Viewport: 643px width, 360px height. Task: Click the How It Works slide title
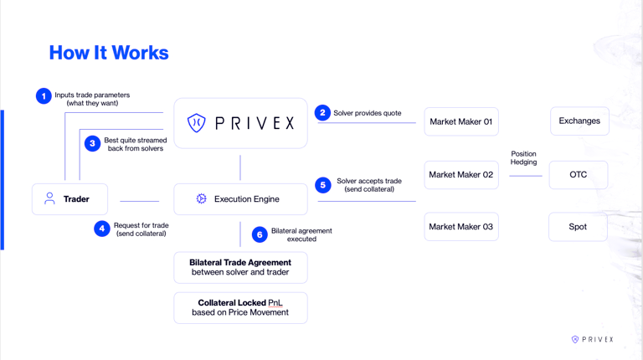109,53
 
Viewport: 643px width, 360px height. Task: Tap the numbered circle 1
44,96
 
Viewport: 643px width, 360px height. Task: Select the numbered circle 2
322,112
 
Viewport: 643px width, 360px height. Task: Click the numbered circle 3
93,143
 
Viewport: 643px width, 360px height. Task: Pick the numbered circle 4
102,229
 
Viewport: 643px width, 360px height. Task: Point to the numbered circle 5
323,185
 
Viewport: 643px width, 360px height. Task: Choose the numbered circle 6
260,234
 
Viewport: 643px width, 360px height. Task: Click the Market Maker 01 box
460,121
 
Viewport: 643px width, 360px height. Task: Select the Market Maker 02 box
460,175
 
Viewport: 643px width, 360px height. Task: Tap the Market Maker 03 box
460,227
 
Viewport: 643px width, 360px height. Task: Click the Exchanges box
579,121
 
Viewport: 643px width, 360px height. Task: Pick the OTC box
578,175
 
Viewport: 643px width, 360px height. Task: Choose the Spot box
578,227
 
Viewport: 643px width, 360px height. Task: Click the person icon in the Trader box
49,198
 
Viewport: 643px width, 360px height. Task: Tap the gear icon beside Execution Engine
201,199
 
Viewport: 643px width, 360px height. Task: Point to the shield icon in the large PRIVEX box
196,123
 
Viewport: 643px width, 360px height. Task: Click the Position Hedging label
523,157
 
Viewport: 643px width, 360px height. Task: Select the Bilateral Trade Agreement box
240,268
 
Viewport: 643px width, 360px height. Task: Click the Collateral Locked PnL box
240,307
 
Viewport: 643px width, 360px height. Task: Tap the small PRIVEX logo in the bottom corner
592,339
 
